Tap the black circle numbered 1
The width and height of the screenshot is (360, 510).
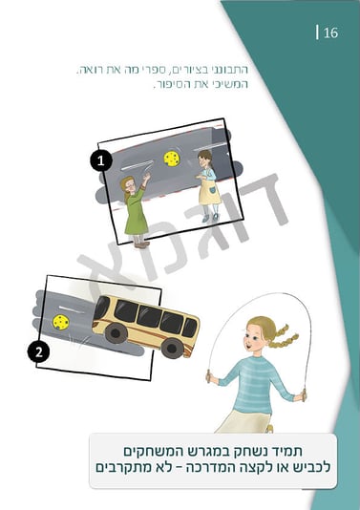pyautogui.click(x=101, y=160)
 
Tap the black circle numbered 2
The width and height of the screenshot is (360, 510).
pyautogui.click(x=39, y=351)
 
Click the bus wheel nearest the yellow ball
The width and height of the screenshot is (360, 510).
pyautogui.click(x=116, y=333)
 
